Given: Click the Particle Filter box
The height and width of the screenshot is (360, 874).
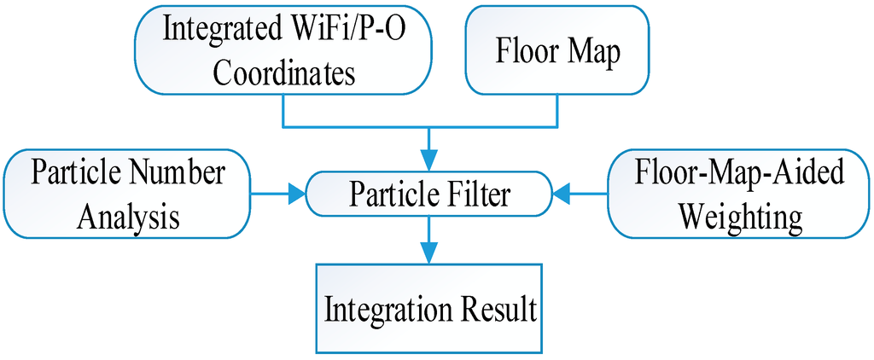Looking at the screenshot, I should click(x=429, y=195).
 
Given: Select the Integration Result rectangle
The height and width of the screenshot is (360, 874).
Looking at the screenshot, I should click(x=429, y=309).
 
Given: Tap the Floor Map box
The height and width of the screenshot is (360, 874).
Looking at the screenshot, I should click(x=557, y=50).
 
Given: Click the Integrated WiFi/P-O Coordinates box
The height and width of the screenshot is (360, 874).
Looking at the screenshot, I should click(x=283, y=50).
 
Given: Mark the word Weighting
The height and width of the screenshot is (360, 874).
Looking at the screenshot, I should click(x=740, y=216).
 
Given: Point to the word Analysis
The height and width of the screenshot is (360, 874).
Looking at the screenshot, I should click(x=128, y=216).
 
